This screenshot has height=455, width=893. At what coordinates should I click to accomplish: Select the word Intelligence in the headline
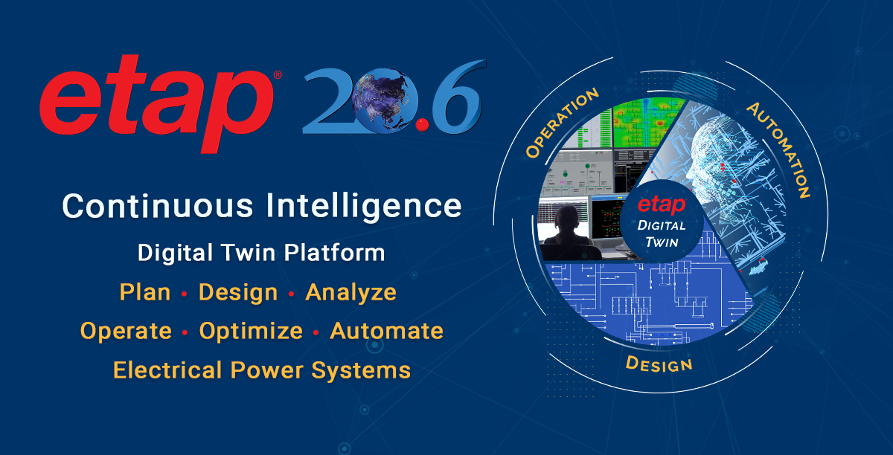tap(365, 205)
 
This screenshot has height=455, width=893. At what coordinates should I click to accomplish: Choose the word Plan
tap(145, 292)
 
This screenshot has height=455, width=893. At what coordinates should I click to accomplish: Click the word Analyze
tap(351, 292)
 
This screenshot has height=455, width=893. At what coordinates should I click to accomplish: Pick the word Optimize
tap(251, 331)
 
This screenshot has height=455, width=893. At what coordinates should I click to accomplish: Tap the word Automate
tap(386, 331)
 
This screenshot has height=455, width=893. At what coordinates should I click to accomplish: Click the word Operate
tap(126, 331)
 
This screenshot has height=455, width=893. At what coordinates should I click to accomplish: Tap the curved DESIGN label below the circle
tap(659, 363)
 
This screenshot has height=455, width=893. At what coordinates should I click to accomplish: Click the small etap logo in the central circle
tap(661, 205)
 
